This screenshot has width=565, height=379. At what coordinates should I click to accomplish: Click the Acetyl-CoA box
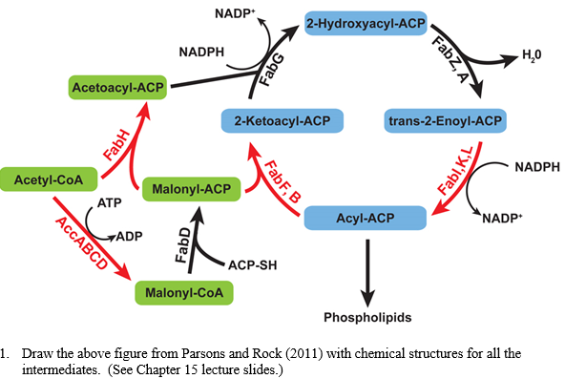41,178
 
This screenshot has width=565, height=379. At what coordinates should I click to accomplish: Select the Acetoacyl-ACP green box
115,88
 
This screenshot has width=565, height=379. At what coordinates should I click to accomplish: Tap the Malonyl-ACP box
189,189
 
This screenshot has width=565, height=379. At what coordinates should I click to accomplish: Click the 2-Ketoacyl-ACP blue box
282,121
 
